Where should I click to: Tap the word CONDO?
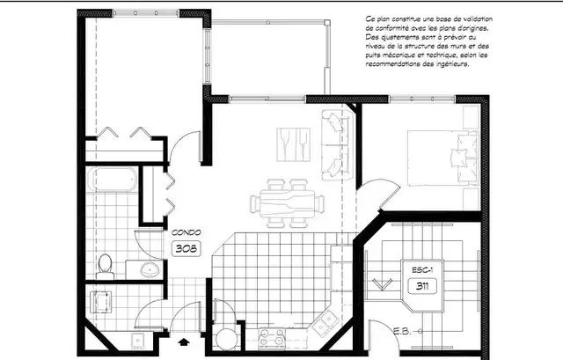tap(186, 232)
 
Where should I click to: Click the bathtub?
tap(113, 181)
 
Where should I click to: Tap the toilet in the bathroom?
tap(106, 262)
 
